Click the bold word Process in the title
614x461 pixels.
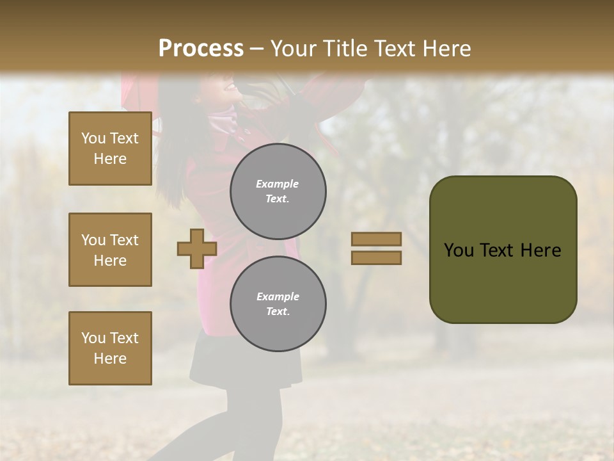tap(201, 49)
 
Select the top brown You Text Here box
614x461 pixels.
tap(110, 149)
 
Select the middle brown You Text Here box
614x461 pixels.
tap(110, 250)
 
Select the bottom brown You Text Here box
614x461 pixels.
tap(110, 348)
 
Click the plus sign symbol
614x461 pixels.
tap(197, 248)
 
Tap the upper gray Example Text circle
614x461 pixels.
tap(278, 191)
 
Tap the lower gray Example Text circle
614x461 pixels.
tap(278, 304)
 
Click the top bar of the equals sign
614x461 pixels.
tap(376, 239)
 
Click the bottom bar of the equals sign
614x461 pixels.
tap(376, 258)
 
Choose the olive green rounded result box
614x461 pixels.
tap(503, 250)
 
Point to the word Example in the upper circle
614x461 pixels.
tap(277, 184)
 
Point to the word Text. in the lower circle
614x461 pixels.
tap(277, 312)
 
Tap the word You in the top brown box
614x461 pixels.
tap(93, 138)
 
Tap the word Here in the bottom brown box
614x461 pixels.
tap(110, 359)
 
